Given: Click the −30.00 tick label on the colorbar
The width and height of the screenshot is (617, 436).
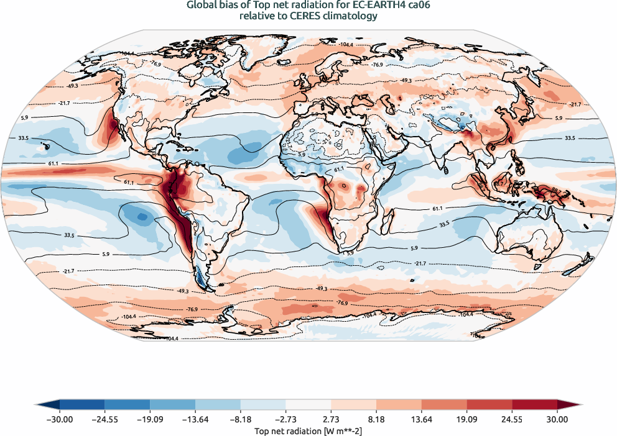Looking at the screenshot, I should coord(59,420).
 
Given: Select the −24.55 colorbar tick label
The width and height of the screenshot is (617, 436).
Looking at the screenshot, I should coord(104,420).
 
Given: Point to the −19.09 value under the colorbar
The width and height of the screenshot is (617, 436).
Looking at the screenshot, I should coord(150,420).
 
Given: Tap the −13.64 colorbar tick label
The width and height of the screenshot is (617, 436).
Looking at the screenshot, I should coord(195,420).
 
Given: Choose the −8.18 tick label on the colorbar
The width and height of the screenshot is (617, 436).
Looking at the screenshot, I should coord(240,420).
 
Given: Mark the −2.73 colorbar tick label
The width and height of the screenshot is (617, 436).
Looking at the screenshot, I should coord(285,420).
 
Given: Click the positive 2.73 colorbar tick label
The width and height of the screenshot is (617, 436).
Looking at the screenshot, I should coord(331,420).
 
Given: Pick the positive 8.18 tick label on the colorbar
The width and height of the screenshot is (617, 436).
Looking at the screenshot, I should coord(376,420).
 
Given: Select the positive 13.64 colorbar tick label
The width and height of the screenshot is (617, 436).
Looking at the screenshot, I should coord(422,420).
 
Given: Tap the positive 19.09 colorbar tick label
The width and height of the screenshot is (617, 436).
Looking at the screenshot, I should coord(466,420).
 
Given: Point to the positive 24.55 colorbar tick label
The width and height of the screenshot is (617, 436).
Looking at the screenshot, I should coord(512,420).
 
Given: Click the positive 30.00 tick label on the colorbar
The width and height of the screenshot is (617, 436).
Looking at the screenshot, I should coord(557,420).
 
